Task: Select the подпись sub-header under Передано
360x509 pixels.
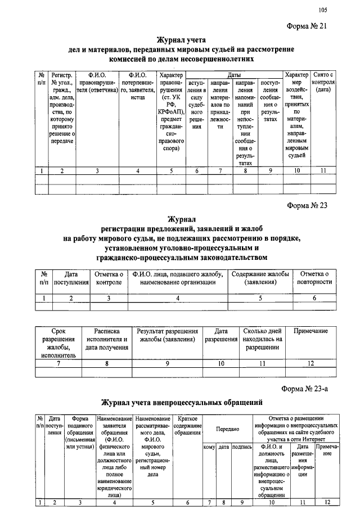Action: point(241,447)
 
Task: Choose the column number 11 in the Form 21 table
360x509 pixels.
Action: point(323,170)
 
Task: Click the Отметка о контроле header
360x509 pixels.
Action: point(107,278)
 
